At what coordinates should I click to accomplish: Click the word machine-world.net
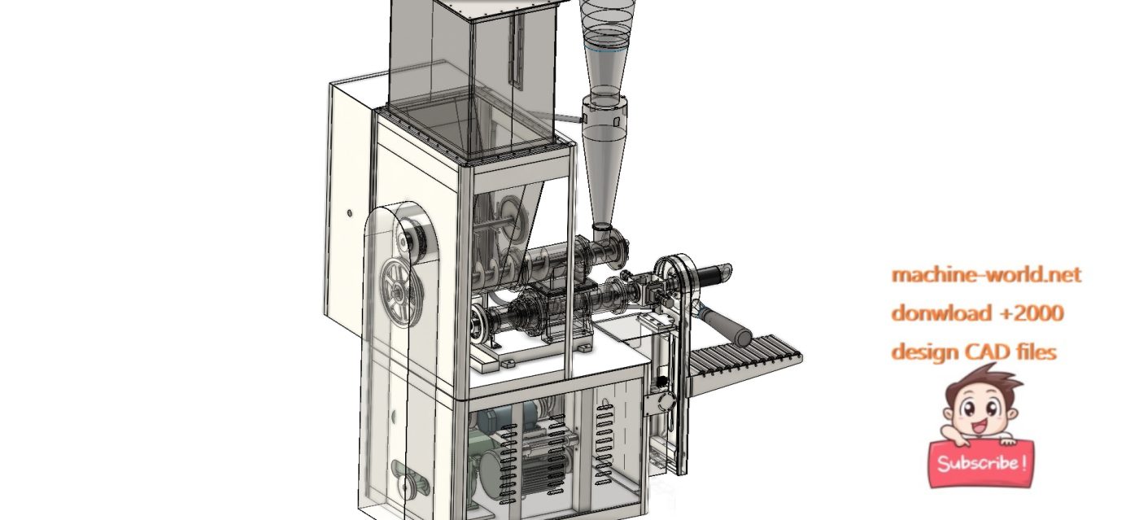tap(986, 275)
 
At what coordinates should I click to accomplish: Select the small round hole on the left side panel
tap(349, 213)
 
